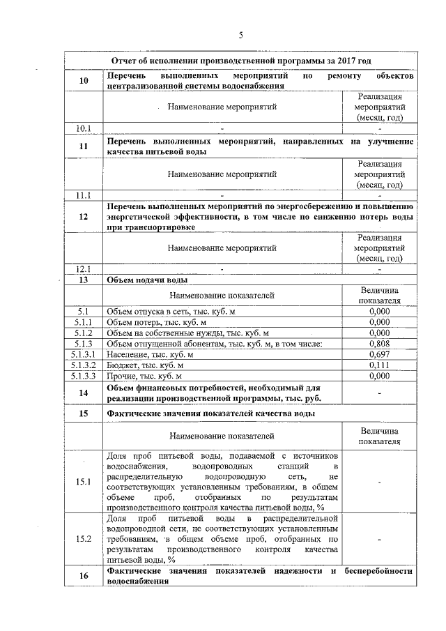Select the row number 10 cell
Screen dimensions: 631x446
point(84,81)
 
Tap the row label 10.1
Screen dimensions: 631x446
point(84,128)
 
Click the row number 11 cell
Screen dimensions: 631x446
point(84,146)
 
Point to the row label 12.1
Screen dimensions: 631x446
point(84,268)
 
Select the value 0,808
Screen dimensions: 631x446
point(379,343)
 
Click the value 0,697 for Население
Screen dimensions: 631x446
point(379,354)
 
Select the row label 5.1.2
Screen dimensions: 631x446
point(84,333)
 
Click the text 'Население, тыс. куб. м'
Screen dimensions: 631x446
point(150,354)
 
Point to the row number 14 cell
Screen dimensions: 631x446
point(84,393)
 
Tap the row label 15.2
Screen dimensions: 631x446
point(84,538)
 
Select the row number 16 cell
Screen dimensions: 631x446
point(84,576)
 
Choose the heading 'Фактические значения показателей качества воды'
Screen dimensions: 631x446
point(210,413)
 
